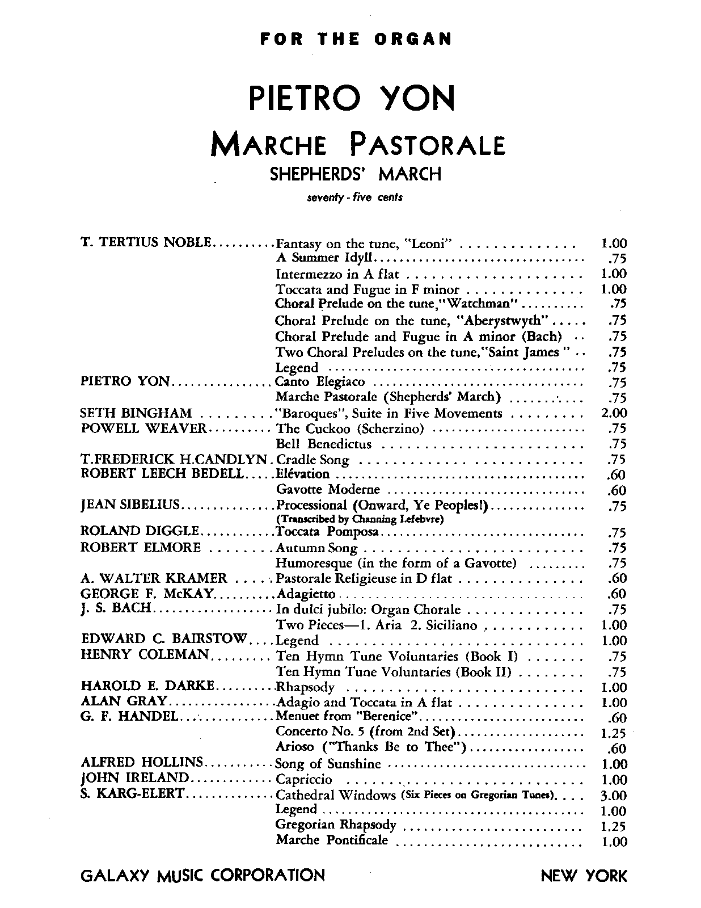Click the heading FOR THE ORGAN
[x=355, y=39]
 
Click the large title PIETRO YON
[x=352, y=99]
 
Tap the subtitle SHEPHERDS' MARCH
[x=355, y=173]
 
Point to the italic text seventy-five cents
[x=354, y=198]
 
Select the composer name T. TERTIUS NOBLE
[x=147, y=243]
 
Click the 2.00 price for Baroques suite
[x=613, y=413]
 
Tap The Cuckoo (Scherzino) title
[x=350, y=428]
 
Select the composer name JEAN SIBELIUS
[x=130, y=505]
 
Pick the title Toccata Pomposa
[x=327, y=532]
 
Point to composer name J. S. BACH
[x=116, y=608]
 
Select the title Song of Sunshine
[x=328, y=764]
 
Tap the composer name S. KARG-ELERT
[x=133, y=793]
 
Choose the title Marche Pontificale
[x=332, y=840]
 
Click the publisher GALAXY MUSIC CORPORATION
[x=203, y=875]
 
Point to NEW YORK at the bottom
[x=584, y=876]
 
